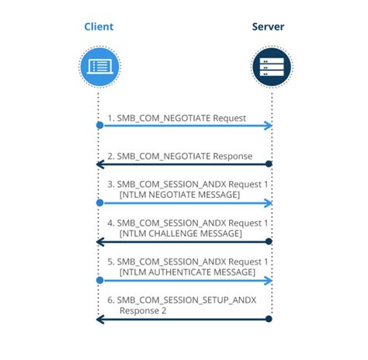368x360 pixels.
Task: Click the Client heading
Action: tap(99, 27)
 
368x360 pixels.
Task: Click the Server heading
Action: tap(269, 27)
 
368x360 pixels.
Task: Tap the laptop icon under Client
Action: tap(99, 67)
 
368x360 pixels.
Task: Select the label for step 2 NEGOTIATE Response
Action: tap(180, 156)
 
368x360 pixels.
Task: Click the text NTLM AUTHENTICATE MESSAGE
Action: tap(187, 272)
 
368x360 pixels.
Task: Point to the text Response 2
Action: tap(145, 310)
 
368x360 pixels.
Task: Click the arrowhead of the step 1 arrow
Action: tap(269, 126)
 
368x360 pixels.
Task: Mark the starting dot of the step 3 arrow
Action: tap(99, 202)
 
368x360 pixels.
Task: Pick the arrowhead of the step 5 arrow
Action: tap(269, 280)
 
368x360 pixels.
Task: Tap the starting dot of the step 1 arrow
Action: tap(99, 126)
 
